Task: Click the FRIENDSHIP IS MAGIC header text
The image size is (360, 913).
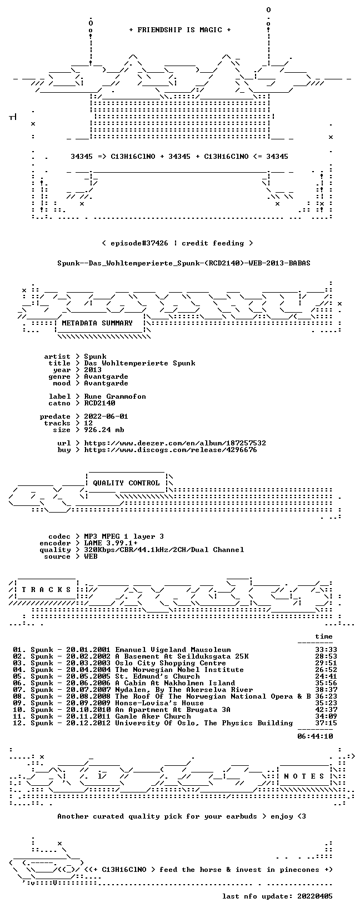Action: (x=180, y=30)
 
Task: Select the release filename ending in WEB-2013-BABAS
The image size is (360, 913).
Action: (x=184, y=263)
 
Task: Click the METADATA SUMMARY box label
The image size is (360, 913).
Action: (x=97, y=323)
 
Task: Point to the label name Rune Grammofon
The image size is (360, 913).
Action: (x=115, y=396)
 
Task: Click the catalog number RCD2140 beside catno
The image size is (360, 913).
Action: (x=99, y=403)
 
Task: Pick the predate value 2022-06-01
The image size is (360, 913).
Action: (x=106, y=416)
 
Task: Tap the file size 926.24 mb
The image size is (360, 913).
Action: (x=104, y=430)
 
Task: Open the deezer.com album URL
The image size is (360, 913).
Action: (x=175, y=443)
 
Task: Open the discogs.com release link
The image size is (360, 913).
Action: (x=171, y=450)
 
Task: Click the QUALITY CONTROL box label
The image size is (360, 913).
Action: (x=126, y=483)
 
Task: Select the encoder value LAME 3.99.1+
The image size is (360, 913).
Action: (x=111, y=543)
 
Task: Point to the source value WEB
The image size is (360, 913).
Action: (x=91, y=556)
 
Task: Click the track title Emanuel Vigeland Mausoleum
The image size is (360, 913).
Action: (x=173, y=650)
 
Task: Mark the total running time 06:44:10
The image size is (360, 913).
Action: (x=315, y=736)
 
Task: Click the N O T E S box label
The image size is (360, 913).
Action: (x=304, y=776)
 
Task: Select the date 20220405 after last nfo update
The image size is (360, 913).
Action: (x=315, y=896)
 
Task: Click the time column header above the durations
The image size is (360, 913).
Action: (x=324, y=636)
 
